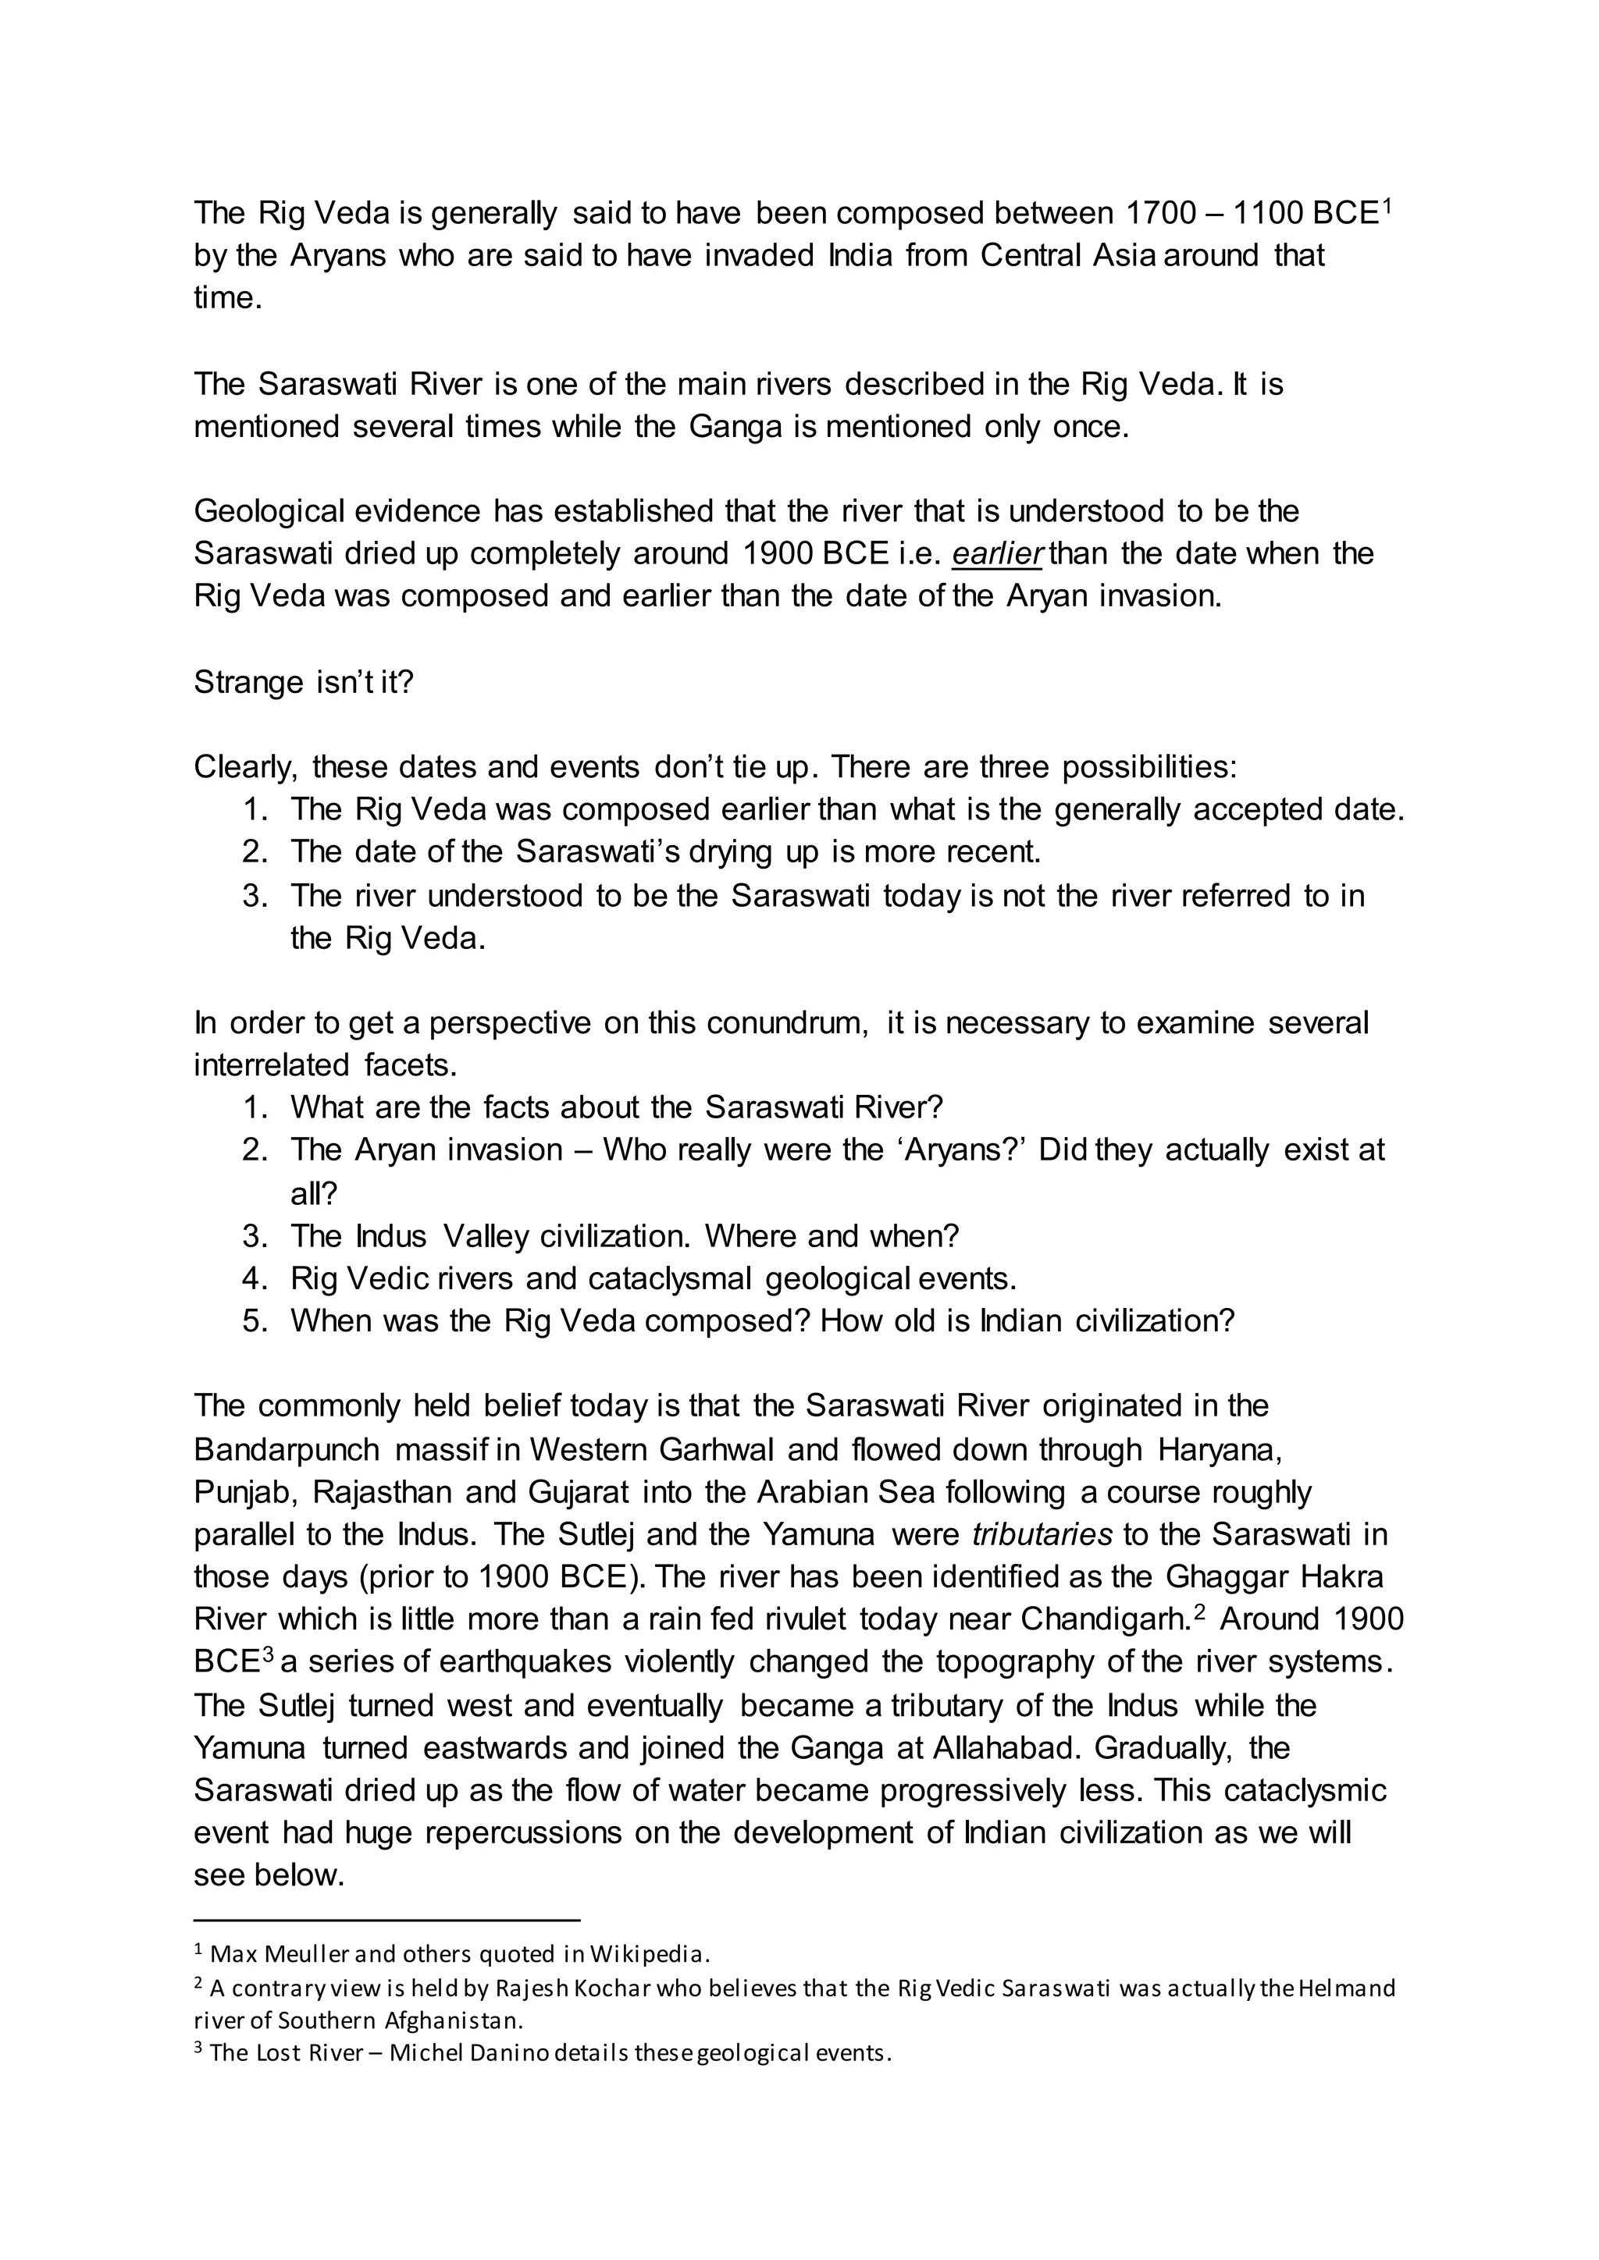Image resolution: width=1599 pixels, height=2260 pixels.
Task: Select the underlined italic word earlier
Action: tap(996, 554)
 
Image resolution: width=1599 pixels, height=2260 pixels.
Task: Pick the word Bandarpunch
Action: tap(287, 1450)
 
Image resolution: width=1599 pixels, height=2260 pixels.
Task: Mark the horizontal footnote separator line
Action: tap(387, 1920)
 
